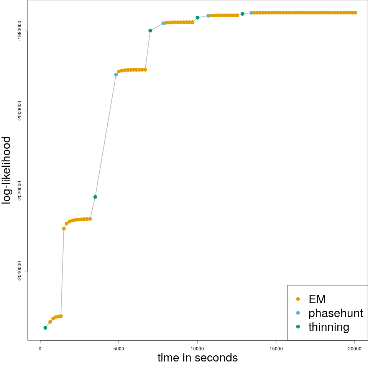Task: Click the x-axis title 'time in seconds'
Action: pos(197,358)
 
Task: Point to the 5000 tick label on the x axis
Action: pos(119,348)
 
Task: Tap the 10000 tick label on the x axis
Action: pos(197,348)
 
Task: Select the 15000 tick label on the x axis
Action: pos(276,348)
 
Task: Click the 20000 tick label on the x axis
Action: pos(355,348)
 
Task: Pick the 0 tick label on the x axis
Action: pos(40,348)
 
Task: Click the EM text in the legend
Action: pos(317,299)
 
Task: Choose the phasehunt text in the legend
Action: pos(335,313)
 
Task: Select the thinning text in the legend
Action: pos(329,327)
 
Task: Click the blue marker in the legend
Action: pos(298,313)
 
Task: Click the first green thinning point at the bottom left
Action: pos(45,328)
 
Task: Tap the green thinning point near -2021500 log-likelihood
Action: pos(95,197)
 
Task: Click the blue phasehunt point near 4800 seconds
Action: pos(116,75)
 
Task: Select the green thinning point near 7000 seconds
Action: pos(150,31)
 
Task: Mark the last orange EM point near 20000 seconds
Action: pos(355,13)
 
